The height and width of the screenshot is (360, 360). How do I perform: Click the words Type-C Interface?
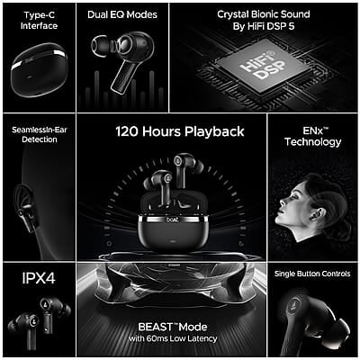click(x=39, y=21)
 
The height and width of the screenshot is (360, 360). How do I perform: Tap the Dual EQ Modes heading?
click(x=122, y=14)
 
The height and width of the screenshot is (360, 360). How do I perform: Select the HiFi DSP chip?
click(x=262, y=67)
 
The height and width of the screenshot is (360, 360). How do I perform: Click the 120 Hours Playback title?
click(x=180, y=131)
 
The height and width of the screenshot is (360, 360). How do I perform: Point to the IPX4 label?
click(x=39, y=278)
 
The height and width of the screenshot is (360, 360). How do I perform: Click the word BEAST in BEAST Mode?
click(x=156, y=327)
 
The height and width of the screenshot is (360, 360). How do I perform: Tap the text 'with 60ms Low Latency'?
click(x=173, y=338)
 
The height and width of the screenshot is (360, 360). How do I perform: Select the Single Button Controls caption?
click(x=312, y=274)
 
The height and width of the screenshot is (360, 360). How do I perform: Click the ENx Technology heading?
click(x=313, y=137)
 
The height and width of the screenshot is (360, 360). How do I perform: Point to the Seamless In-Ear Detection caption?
click(x=40, y=135)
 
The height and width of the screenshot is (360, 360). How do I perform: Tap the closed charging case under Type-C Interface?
click(x=39, y=69)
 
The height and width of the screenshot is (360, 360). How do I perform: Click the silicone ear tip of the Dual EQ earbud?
click(x=101, y=46)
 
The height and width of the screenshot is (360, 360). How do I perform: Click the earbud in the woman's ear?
click(x=318, y=213)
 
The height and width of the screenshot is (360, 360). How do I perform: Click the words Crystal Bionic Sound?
click(x=264, y=14)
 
